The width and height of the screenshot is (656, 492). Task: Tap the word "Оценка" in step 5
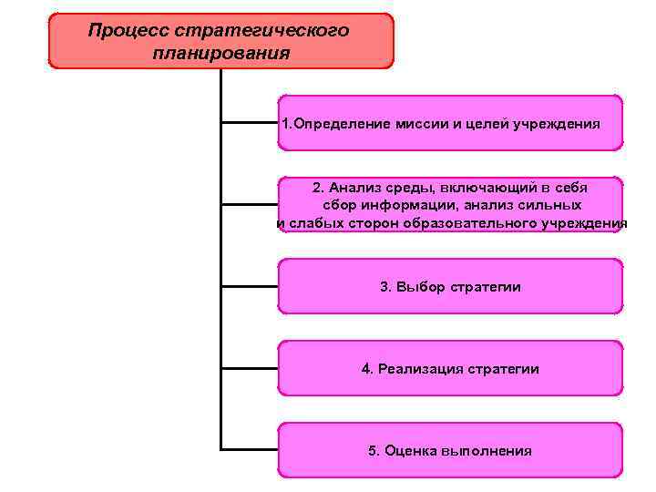click(410, 451)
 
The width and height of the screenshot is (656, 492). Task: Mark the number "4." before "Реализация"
click(367, 369)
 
